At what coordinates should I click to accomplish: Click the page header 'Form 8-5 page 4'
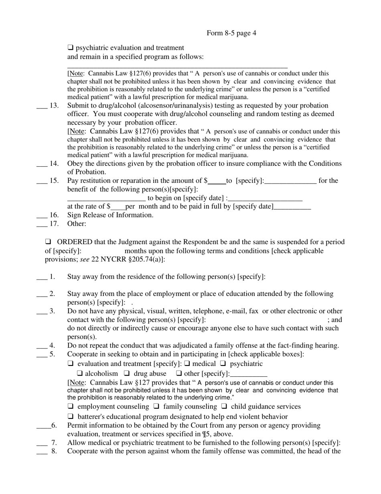[x=231, y=33]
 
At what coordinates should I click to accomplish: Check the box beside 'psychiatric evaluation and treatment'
[x=71, y=48]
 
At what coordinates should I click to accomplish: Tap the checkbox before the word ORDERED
[x=48, y=242]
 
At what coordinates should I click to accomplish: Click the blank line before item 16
[x=42, y=215]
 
